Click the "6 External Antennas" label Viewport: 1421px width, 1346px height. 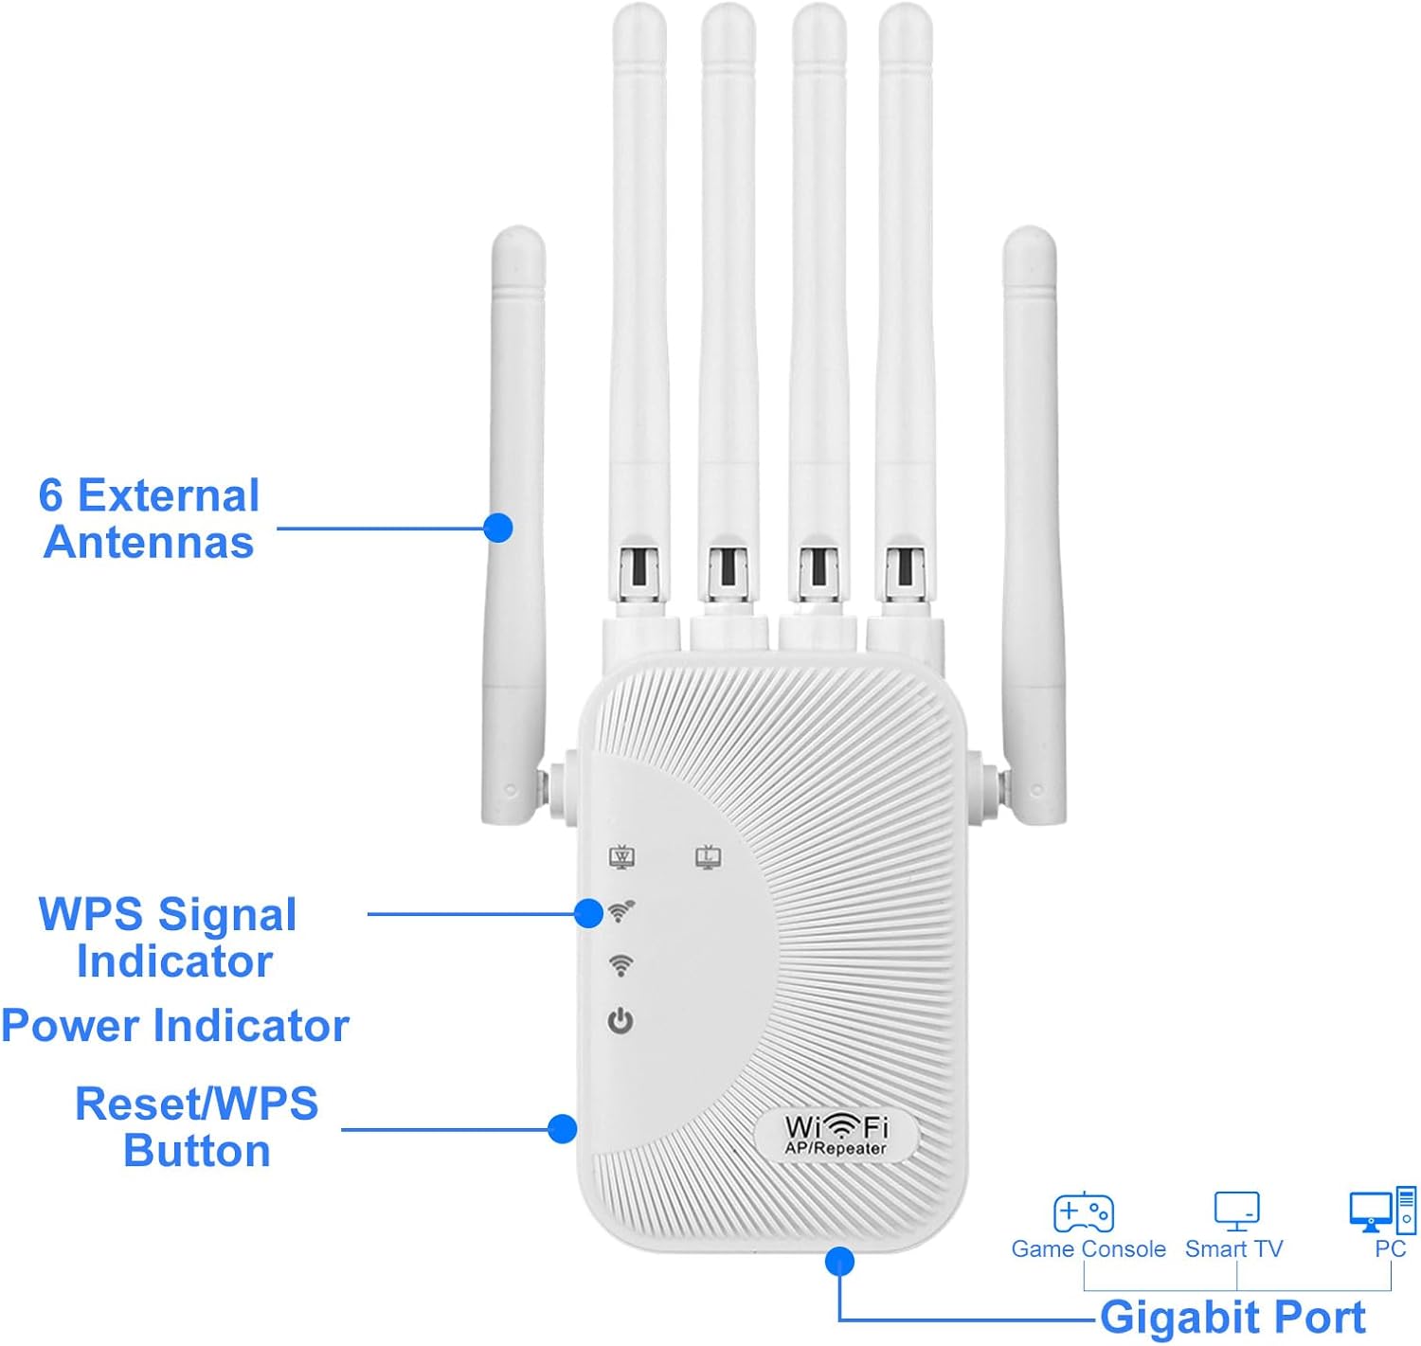[x=149, y=519]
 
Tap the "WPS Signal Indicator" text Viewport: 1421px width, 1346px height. [x=169, y=938]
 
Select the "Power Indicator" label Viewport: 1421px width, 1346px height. [x=175, y=1026]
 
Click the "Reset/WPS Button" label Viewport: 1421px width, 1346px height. [x=197, y=1127]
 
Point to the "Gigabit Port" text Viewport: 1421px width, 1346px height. [x=1232, y=1317]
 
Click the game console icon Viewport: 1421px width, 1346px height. [x=1084, y=1212]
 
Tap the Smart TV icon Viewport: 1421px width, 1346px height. [x=1236, y=1211]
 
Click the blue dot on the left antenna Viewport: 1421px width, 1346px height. [x=498, y=528]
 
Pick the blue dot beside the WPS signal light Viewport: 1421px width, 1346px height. [x=588, y=914]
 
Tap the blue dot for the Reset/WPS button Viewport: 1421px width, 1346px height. [x=563, y=1128]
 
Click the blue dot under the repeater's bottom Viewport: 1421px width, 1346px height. [x=839, y=1261]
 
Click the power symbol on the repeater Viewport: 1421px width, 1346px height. [x=621, y=1021]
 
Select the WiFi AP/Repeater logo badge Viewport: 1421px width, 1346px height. [x=836, y=1135]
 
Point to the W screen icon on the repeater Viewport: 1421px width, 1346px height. [x=621, y=857]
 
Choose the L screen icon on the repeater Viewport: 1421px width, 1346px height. [x=709, y=857]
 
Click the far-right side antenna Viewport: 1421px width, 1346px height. [x=1033, y=521]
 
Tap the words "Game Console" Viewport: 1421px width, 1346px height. [x=1088, y=1249]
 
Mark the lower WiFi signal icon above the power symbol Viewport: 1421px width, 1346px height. [x=621, y=965]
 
